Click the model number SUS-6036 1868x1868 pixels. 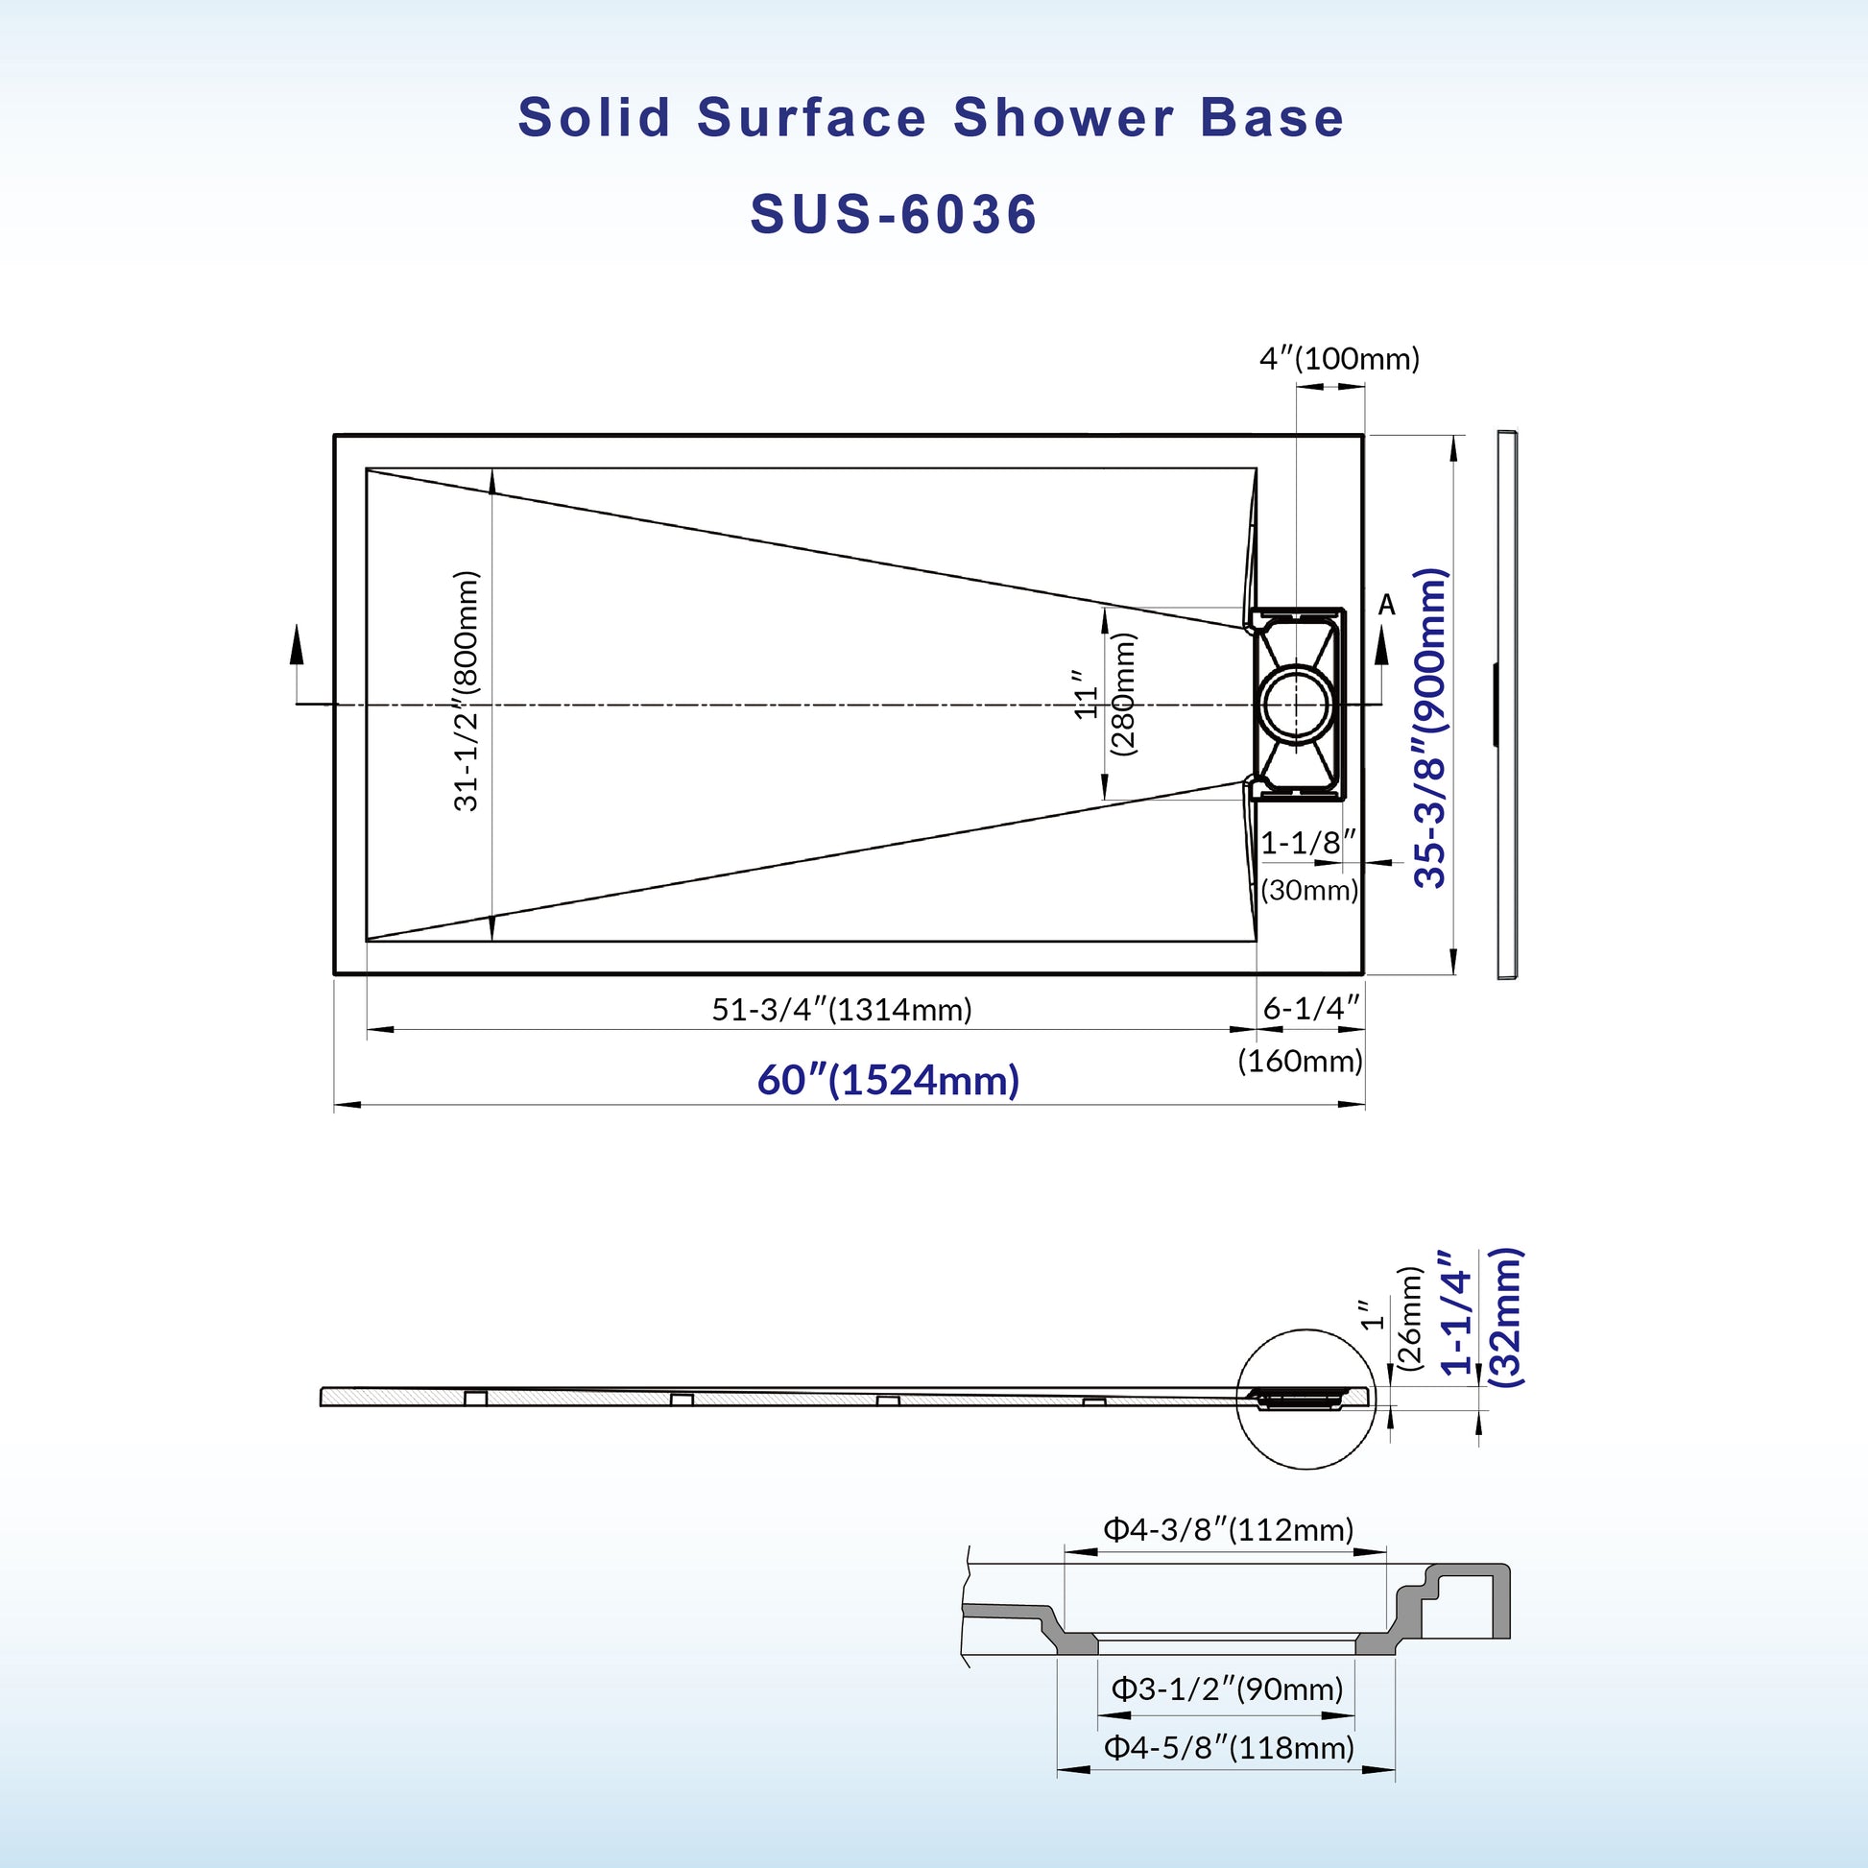pyautogui.click(x=894, y=214)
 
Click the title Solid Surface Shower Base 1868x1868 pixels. pyautogui.click(x=931, y=118)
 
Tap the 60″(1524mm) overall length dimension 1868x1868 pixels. pyautogui.click(x=889, y=1080)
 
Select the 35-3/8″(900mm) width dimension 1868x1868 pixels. pyautogui.click(x=1431, y=727)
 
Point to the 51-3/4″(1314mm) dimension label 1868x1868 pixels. pyautogui.click(x=842, y=1010)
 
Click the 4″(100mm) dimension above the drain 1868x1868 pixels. pyautogui.click(x=1339, y=359)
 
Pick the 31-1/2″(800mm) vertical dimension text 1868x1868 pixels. pyautogui.click(x=466, y=690)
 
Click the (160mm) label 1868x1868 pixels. pyautogui.click(x=1301, y=1061)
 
